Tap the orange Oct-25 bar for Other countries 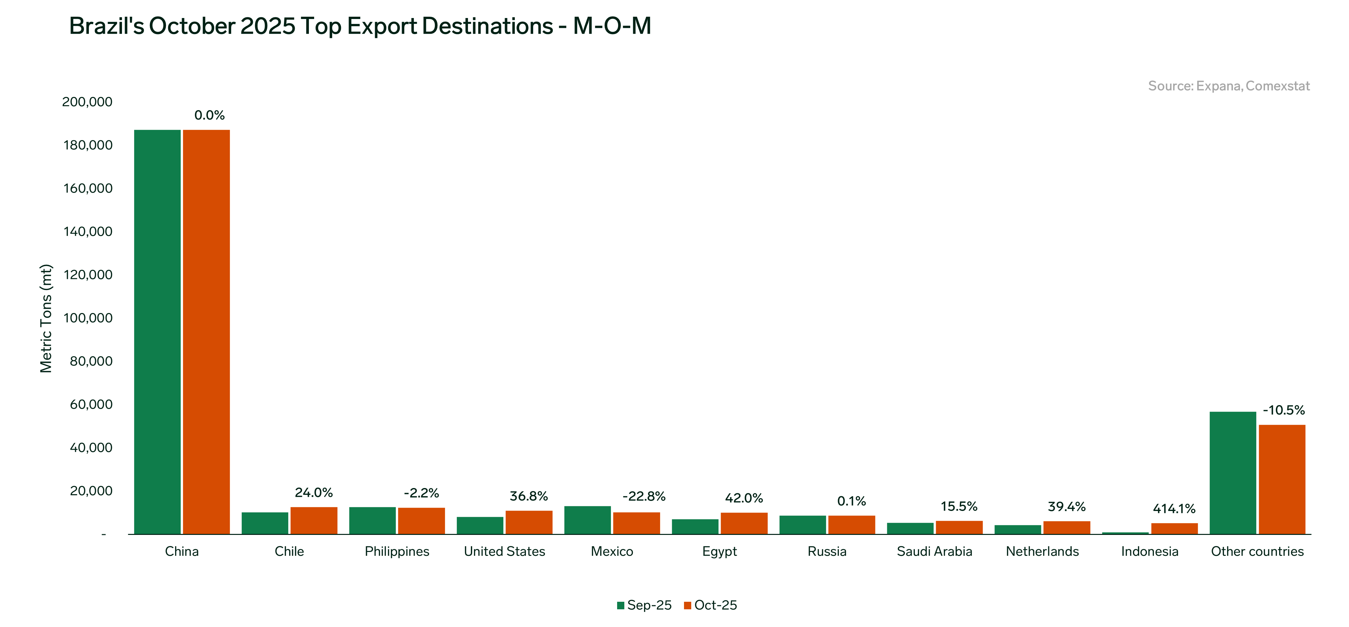click(x=1282, y=479)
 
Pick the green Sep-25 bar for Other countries click(x=1233, y=473)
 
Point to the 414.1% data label click(x=1174, y=509)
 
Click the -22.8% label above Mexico click(x=644, y=496)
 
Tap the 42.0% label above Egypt click(x=744, y=498)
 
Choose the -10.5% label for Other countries click(x=1283, y=410)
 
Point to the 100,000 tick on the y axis click(x=88, y=318)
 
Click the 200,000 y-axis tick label click(x=88, y=102)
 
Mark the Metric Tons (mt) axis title click(x=46, y=318)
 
